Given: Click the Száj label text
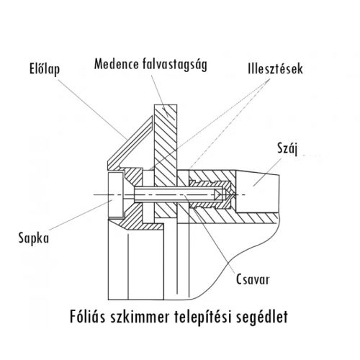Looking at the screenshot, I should (x=289, y=150).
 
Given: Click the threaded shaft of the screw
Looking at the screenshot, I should (x=180, y=194).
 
